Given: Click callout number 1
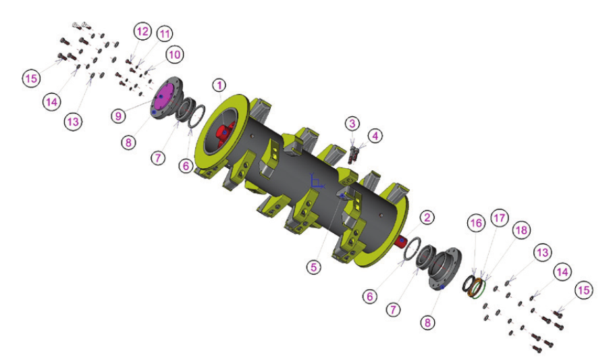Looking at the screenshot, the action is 219,85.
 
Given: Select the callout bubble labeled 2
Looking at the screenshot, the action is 427,217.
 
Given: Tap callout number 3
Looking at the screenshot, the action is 352,124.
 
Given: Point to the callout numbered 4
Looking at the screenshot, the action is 375,136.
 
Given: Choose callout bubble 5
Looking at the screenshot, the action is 313,267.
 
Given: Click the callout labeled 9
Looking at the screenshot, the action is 118,115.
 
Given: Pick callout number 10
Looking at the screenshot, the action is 174,55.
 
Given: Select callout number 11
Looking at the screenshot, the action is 165,34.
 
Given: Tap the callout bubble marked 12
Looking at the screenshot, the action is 142,31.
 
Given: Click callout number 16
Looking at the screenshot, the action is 476,223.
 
